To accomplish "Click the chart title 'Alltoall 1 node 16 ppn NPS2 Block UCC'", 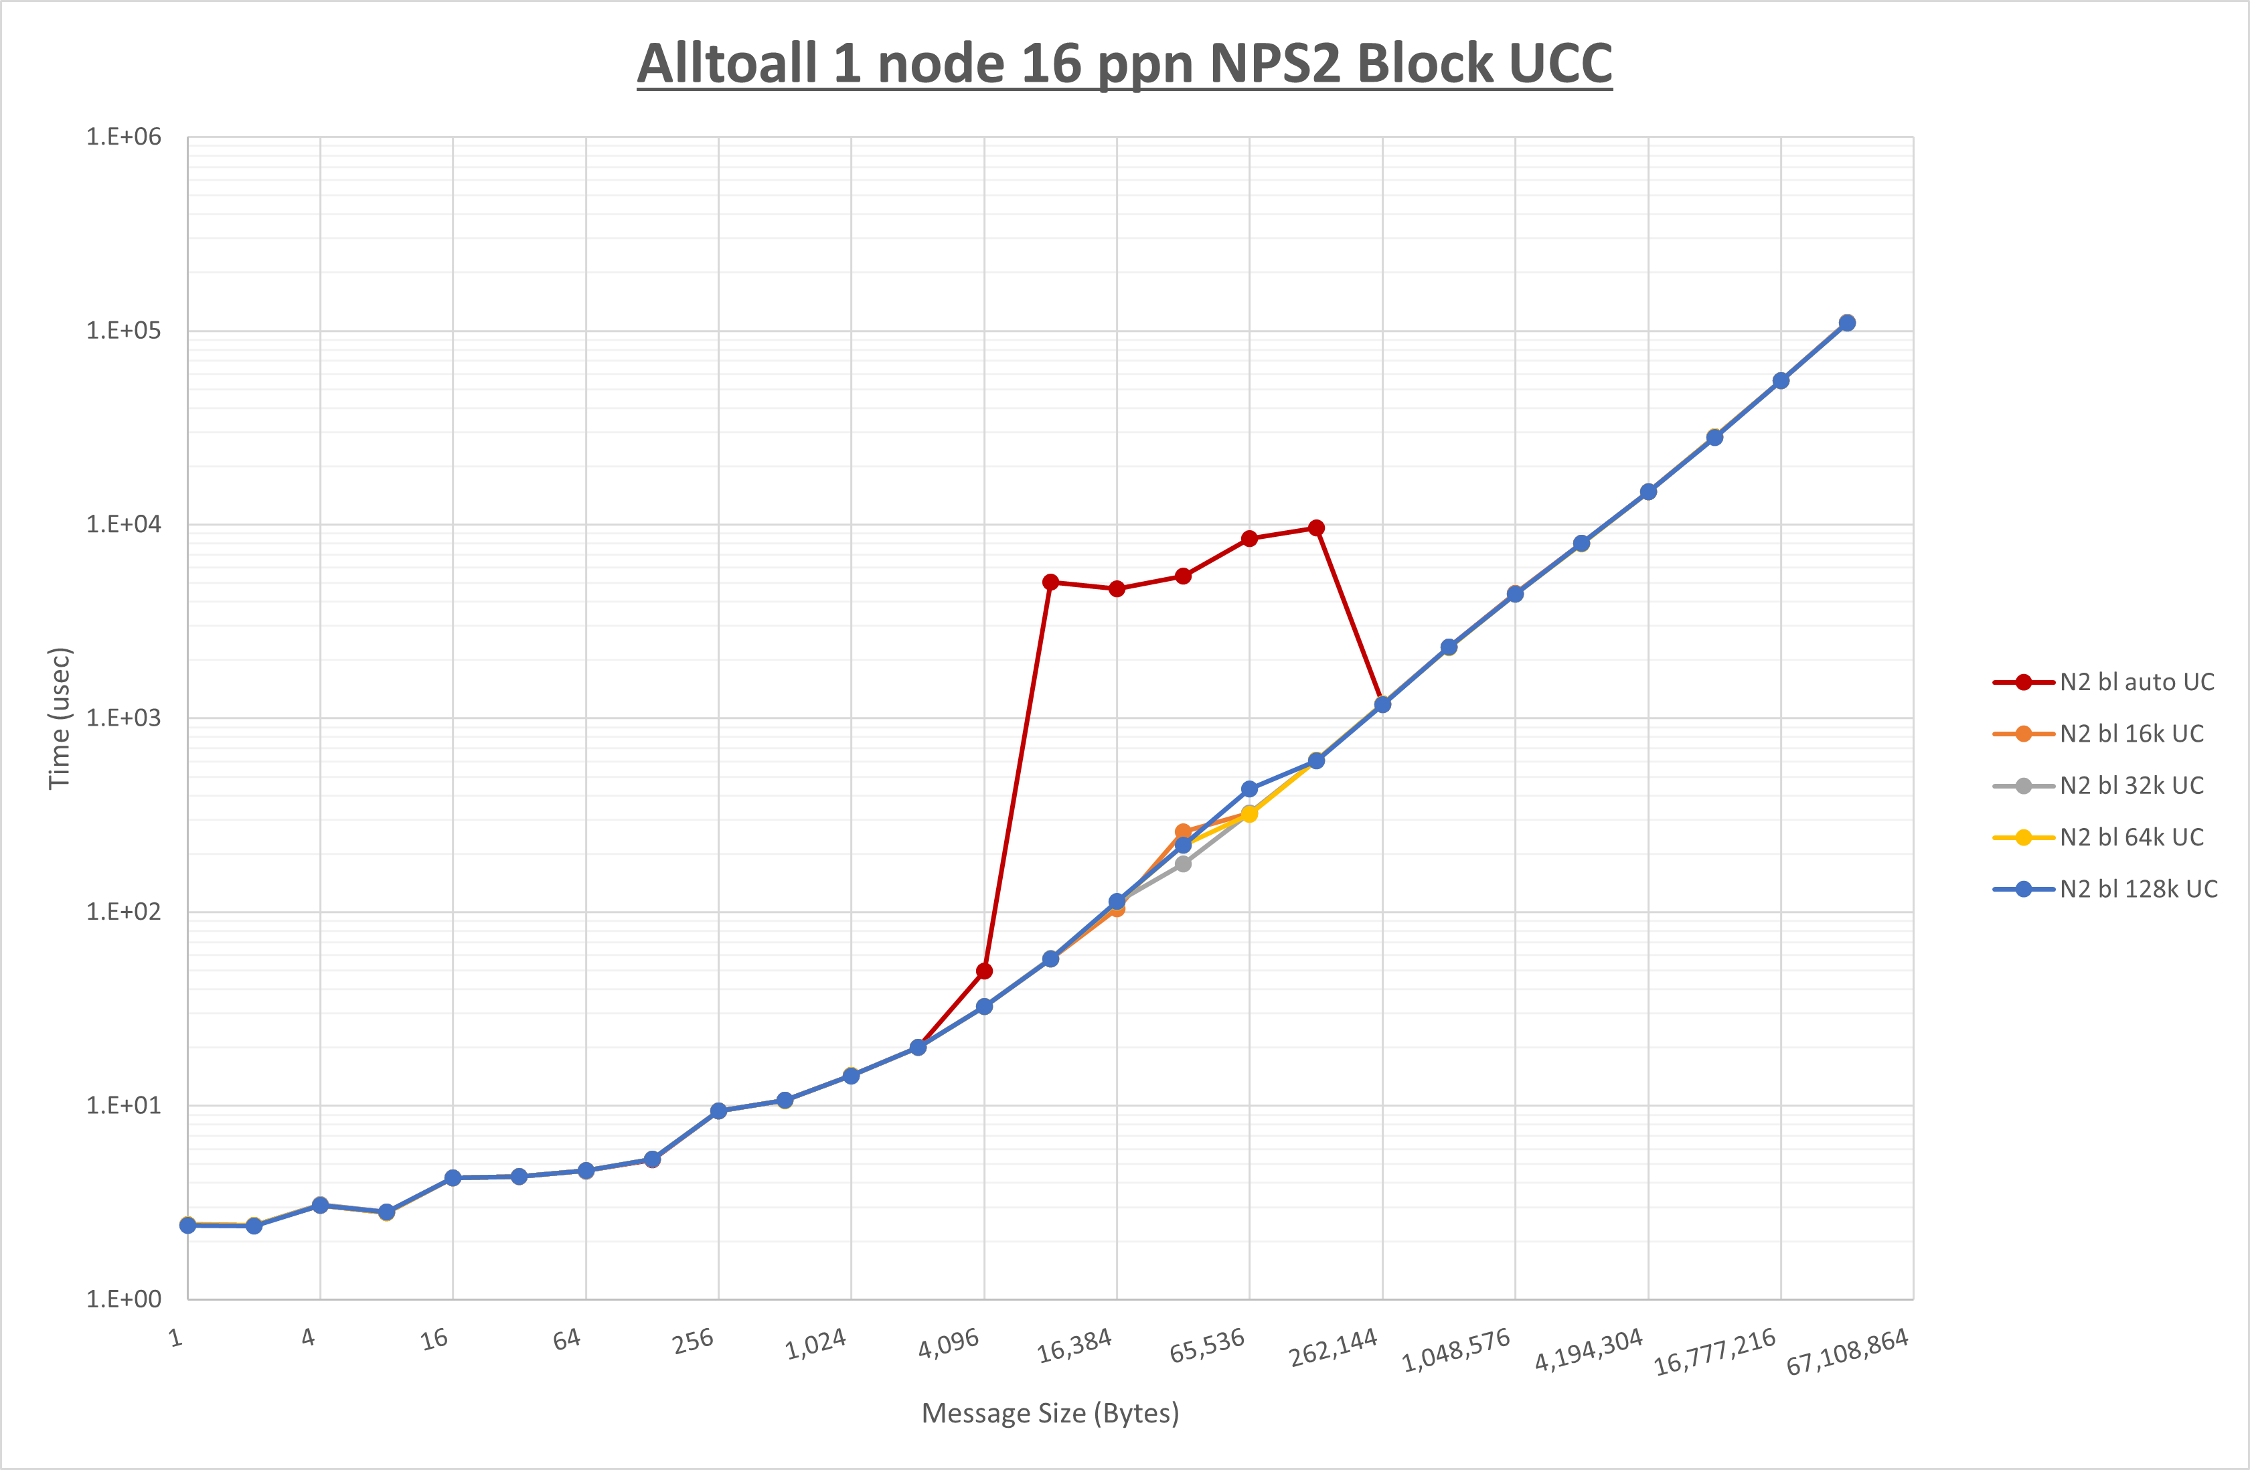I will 1124,64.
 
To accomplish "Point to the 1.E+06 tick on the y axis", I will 124,137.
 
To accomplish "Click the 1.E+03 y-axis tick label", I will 124,718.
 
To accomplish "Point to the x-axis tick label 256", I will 693,1341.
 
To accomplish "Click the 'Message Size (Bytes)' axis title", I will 1050,1413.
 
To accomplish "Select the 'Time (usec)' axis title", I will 60,718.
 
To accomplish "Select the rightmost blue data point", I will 1847,323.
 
